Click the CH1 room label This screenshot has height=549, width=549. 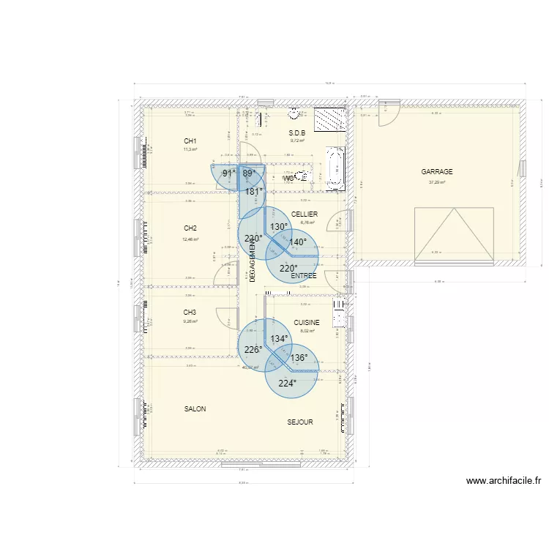point(190,141)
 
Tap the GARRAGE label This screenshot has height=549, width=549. point(437,172)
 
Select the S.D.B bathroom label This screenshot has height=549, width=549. point(296,133)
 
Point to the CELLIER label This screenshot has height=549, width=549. point(304,214)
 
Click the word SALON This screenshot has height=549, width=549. point(195,409)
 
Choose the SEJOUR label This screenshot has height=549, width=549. point(300,422)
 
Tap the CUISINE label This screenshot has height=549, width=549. point(307,323)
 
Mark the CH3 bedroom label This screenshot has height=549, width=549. point(190,313)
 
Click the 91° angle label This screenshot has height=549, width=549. point(228,173)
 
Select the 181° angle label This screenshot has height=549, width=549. point(254,192)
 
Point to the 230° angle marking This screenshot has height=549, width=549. point(253,239)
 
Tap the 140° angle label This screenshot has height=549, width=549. point(297,242)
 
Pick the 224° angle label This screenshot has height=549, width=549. point(287,383)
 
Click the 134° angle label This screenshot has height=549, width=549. point(279,339)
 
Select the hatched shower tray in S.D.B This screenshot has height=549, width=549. point(329,119)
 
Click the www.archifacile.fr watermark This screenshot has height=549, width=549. point(503,481)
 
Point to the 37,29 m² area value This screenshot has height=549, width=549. point(437,183)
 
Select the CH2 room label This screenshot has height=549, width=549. point(190,228)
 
